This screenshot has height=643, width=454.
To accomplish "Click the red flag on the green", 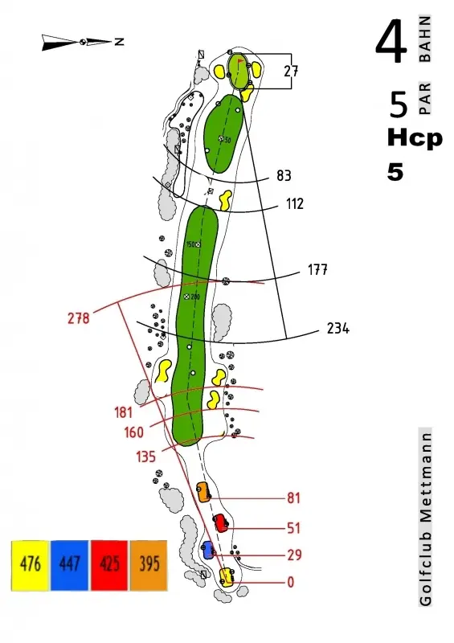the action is pyautogui.click(x=240, y=62).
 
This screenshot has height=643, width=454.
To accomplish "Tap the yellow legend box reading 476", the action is pyautogui.click(x=31, y=566).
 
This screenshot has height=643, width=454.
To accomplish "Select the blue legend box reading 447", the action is pyautogui.click(x=69, y=566).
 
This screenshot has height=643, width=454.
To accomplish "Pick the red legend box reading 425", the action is pyautogui.click(x=109, y=566).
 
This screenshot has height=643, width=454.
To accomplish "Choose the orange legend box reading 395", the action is pyautogui.click(x=149, y=566).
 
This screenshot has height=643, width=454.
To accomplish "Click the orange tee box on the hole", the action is pyautogui.click(x=203, y=492).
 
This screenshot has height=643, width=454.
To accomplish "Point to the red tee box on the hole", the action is pyautogui.click(x=221, y=523).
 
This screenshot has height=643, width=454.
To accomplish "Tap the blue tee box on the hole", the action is pyautogui.click(x=208, y=550).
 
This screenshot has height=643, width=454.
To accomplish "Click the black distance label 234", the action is pyautogui.click(x=338, y=328).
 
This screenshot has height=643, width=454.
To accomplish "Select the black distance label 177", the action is pyautogui.click(x=317, y=270).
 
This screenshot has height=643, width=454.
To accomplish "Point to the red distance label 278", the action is pyautogui.click(x=78, y=317).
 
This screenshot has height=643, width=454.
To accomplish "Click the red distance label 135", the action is pyautogui.click(x=146, y=457).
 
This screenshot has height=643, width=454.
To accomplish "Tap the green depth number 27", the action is pyautogui.click(x=291, y=72).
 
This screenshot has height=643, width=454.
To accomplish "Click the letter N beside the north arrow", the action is pyautogui.click(x=120, y=42).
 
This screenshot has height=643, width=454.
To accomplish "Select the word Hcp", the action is pyautogui.click(x=415, y=139).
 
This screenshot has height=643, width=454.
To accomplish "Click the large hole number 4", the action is pyautogui.click(x=391, y=42).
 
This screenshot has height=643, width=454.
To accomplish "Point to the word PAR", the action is pyautogui.click(x=425, y=98).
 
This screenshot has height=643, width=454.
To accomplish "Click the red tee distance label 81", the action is pyautogui.click(x=293, y=498).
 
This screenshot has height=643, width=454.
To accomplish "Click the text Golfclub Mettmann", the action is pyautogui.click(x=425, y=518).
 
